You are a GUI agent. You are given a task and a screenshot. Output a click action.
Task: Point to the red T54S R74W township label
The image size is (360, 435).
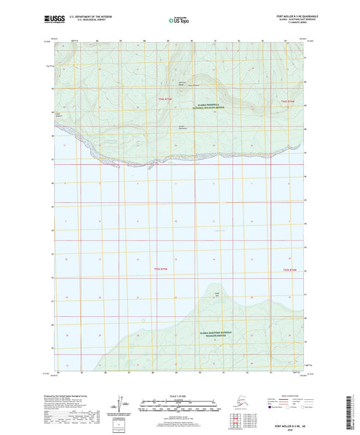click(288, 101)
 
